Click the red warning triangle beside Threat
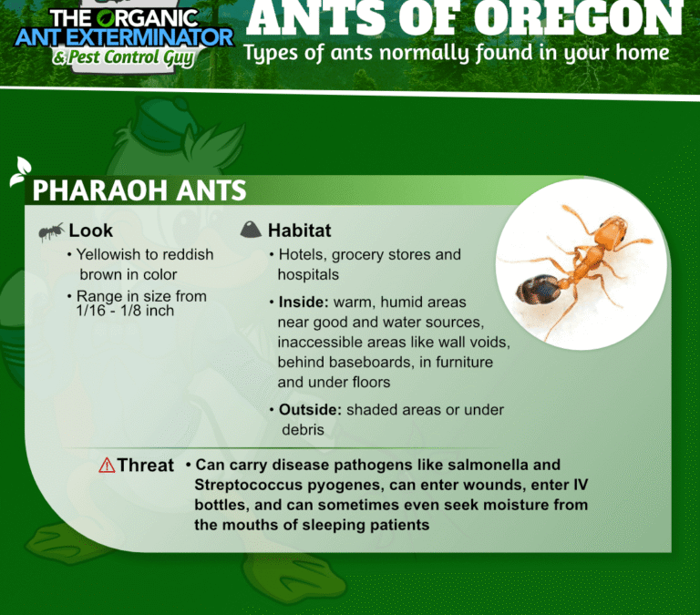[x=107, y=466]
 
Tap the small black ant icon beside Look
[x=51, y=231]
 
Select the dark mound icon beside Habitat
[x=251, y=230]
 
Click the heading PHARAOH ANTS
[x=139, y=190]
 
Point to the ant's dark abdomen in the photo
[x=537, y=290]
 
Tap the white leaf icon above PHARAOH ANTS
[x=20, y=171]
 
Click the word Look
[x=90, y=231]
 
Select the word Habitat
[x=300, y=231]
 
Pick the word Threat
[x=146, y=465]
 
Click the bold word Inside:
[x=304, y=302]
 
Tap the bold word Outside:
[x=310, y=410]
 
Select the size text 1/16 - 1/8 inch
[x=125, y=311]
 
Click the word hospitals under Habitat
[x=308, y=275]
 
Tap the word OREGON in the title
[x=578, y=19]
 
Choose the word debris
[x=303, y=430]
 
